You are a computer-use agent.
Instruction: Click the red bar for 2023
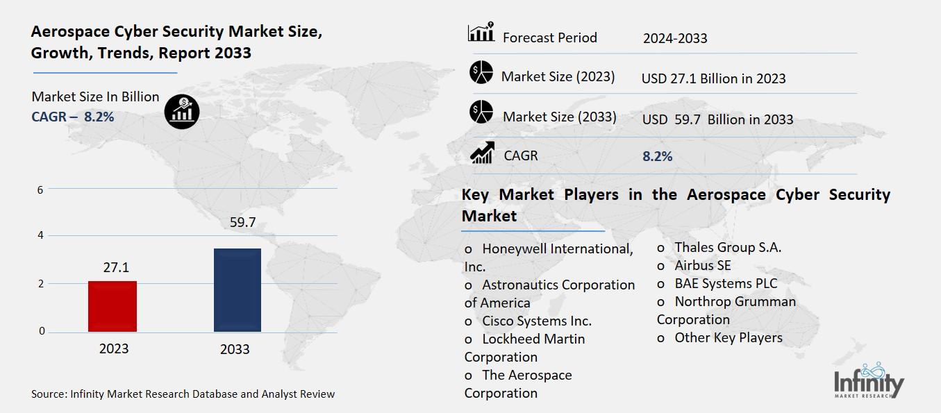(x=113, y=306)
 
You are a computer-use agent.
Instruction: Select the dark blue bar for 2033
(x=237, y=289)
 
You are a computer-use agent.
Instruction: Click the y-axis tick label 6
(x=40, y=189)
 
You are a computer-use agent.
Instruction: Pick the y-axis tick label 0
(x=42, y=331)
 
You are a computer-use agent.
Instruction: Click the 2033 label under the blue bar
(x=235, y=349)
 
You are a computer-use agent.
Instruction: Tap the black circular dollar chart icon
(x=182, y=111)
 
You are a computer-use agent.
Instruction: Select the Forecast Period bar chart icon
(x=481, y=33)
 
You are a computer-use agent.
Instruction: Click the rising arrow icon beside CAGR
(x=482, y=153)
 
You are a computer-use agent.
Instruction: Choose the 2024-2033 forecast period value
(x=675, y=39)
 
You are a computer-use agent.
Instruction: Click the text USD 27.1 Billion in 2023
(x=713, y=79)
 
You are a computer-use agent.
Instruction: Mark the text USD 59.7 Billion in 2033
(x=717, y=119)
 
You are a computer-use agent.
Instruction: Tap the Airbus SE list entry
(x=702, y=265)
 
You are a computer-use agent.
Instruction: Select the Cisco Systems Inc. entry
(x=536, y=321)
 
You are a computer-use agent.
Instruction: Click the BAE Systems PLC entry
(x=726, y=283)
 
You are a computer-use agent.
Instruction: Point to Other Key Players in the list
(x=728, y=338)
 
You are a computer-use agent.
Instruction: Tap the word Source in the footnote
(x=48, y=394)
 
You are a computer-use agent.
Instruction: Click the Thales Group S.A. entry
(x=727, y=247)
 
